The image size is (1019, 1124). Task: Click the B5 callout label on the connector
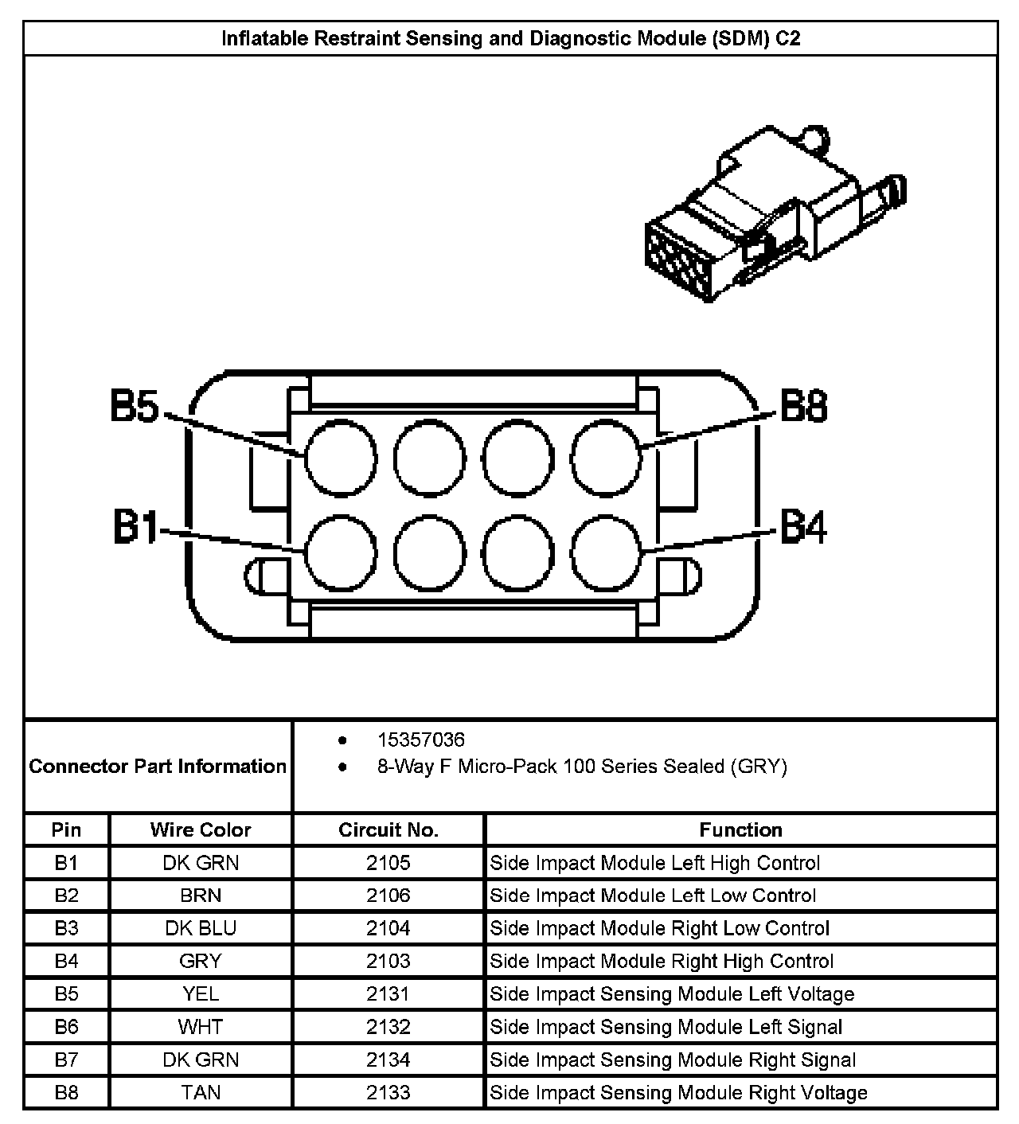tap(135, 406)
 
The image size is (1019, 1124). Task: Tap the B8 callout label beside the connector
tap(803, 406)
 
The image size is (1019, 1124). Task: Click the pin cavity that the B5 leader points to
tap(341, 458)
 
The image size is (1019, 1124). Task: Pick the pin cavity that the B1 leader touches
tap(341, 553)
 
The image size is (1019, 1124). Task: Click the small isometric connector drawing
tap(775, 213)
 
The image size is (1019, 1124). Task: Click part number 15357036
tap(421, 740)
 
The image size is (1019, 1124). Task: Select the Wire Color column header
tap(201, 829)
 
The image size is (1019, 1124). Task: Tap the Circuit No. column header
tap(388, 829)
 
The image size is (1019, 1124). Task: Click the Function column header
tap(740, 829)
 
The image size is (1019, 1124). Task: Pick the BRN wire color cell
tap(201, 896)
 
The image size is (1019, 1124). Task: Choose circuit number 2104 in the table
tap(388, 928)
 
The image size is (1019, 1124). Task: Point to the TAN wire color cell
tap(201, 1093)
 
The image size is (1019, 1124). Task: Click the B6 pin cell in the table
tap(66, 1027)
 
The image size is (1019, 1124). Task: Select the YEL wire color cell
tap(201, 994)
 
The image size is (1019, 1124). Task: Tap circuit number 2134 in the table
tap(388, 1060)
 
